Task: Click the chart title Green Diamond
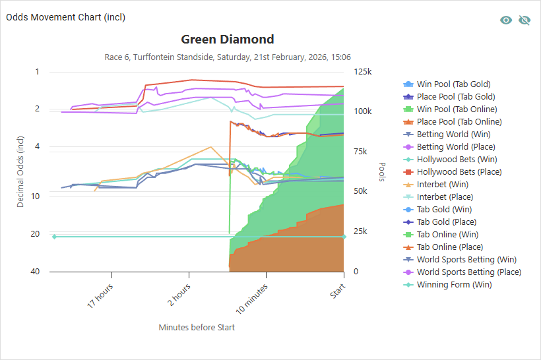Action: [x=228, y=40]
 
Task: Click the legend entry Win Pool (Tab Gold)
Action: [x=453, y=84]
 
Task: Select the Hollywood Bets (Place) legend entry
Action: [x=457, y=172]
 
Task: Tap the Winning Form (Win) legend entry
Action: [x=454, y=285]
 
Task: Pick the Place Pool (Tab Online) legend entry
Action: [x=459, y=122]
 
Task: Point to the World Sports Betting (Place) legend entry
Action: [x=468, y=272]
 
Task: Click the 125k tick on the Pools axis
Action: [x=362, y=72]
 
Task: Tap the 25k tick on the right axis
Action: [x=360, y=231]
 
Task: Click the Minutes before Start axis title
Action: [x=197, y=327]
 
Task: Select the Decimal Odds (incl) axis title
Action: [x=20, y=171]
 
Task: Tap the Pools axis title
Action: [x=382, y=171]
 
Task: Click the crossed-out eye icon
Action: [x=525, y=20]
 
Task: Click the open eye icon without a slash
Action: [x=506, y=20]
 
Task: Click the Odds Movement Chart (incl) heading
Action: [x=66, y=17]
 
